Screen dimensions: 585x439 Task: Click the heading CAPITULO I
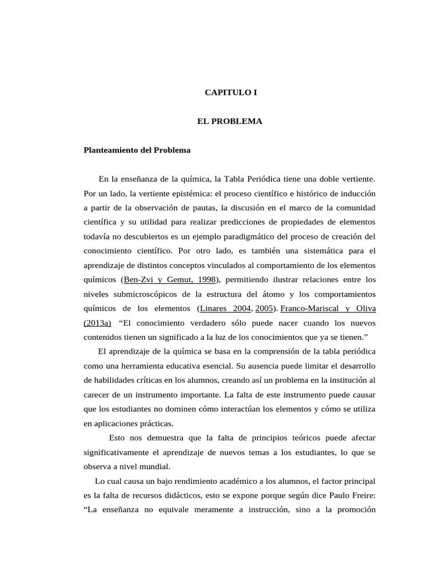[231, 92]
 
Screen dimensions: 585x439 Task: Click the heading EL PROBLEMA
[229, 122]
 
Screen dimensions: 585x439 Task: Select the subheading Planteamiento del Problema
[137, 151]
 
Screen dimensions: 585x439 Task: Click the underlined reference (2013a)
[98, 323]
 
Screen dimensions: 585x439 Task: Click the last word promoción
[351, 510]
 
